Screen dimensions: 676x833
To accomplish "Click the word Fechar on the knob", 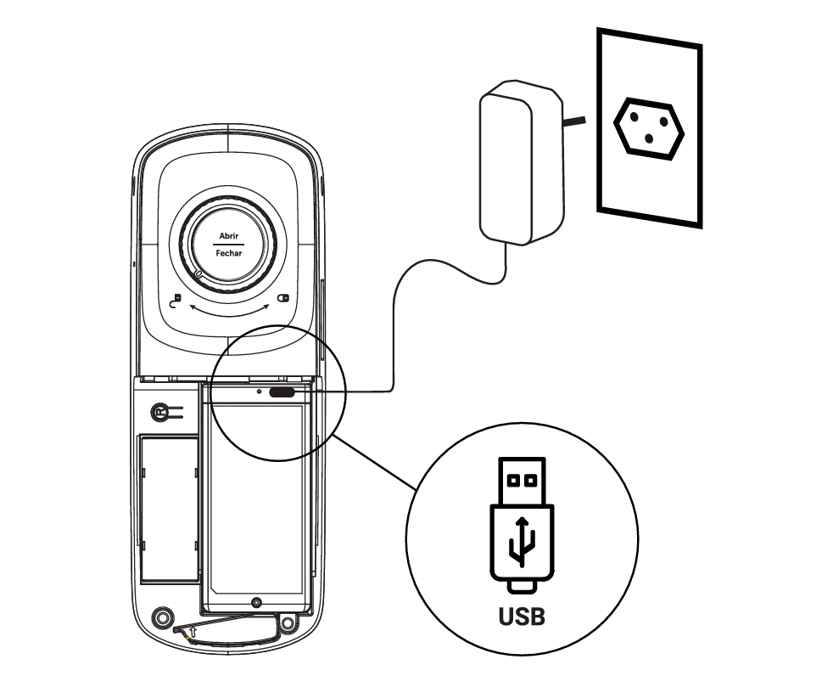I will tap(228, 253).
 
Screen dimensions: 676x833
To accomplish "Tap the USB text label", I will tap(522, 615).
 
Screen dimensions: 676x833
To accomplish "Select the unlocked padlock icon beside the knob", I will tap(176, 301).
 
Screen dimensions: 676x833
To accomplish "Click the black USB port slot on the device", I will tap(282, 393).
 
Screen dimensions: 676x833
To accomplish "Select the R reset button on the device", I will tap(159, 413).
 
